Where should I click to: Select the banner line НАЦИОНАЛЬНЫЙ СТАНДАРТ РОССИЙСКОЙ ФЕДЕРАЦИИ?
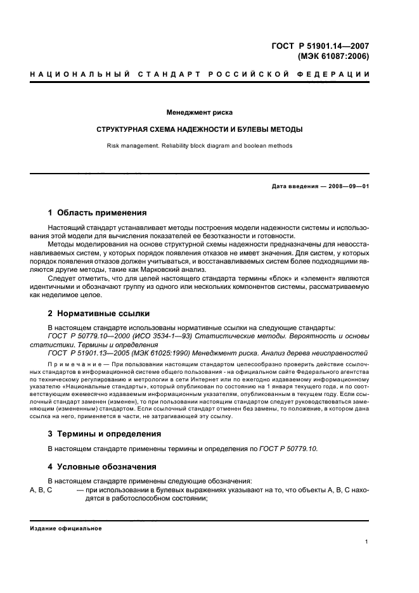tap(200, 75)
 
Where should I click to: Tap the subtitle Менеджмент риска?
tap(199, 113)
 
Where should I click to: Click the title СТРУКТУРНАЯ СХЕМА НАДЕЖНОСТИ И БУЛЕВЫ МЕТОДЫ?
tap(199, 129)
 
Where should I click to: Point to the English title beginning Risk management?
tap(199, 145)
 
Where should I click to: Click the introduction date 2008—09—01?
tap(347, 186)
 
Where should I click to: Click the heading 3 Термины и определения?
tap(105, 434)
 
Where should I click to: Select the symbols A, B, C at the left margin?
tap(41, 490)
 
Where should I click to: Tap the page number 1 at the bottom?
tap(368, 542)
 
